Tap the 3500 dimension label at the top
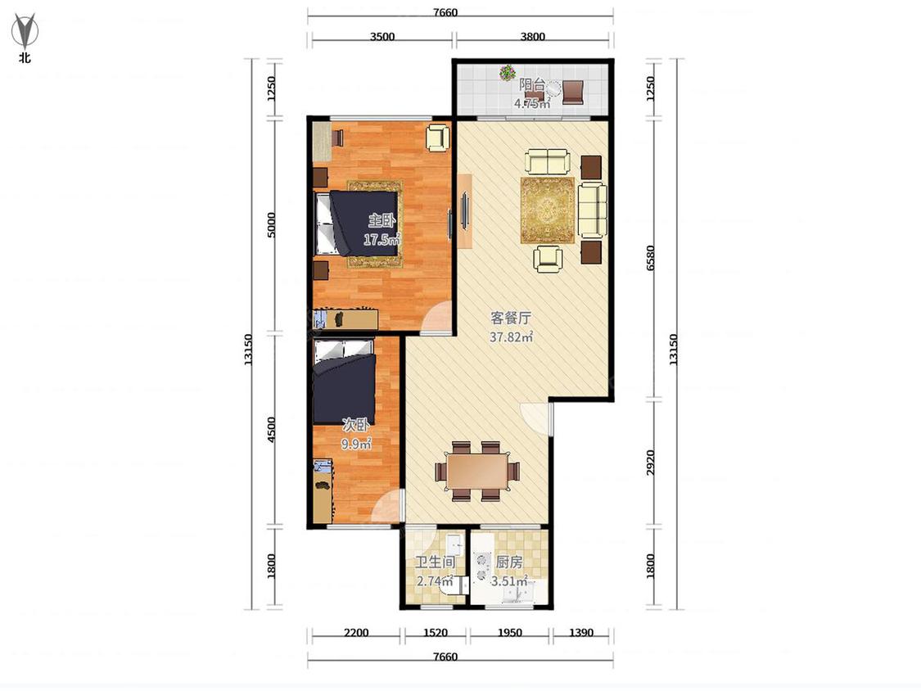[x=382, y=36]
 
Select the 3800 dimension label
[x=532, y=36]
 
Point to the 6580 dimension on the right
[x=650, y=259]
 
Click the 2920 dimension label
[x=650, y=463]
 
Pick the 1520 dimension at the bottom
[x=436, y=633]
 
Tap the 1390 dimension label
[x=581, y=633]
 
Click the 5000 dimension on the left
[x=271, y=225]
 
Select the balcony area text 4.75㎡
[x=532, y=104]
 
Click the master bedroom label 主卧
[x=381, y=222]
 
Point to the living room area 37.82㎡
[x=512, y=337]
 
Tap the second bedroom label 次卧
[x=356, y=425]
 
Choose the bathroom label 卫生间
[x=436, y=562]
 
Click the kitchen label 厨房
[x=508, y=562]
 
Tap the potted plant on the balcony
[x=507, y=73]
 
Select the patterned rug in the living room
[x=548, y=210]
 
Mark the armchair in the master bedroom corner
[x=438, y=138]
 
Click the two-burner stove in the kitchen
[x=482, y=566]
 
